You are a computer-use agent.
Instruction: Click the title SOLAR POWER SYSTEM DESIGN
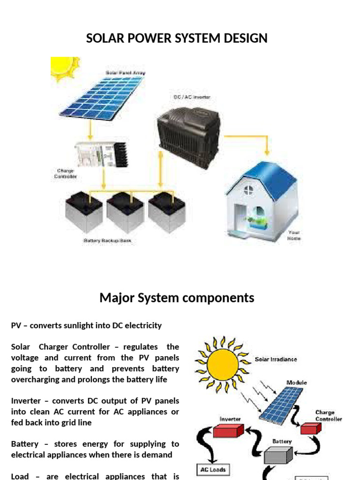(177, 38)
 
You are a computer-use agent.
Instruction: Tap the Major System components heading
(177, 298)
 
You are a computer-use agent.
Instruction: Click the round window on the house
(248, 190)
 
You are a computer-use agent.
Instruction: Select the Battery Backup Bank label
(107, 241)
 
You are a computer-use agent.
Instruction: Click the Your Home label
(294, 235)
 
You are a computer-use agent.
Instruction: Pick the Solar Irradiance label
(276, 360)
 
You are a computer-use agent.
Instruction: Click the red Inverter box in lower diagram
(229, 430)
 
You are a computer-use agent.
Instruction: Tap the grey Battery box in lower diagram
(278, 454)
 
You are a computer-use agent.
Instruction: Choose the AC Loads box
(213, 469)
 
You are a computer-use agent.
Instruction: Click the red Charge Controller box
(310, 428)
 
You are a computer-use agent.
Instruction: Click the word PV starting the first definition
(16, 325)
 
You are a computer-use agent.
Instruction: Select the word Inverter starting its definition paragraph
(26, 401)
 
